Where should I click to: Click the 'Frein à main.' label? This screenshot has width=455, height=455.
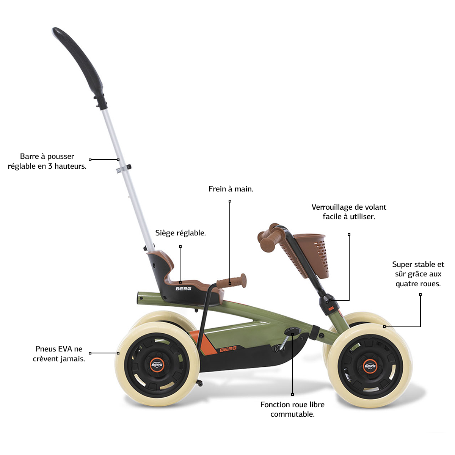click(231, 189)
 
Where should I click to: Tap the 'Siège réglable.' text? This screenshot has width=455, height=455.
click(180, 233)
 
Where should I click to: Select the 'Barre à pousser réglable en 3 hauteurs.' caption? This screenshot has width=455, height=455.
click(47, 161)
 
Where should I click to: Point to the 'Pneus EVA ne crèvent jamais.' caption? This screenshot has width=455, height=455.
click(59, 354)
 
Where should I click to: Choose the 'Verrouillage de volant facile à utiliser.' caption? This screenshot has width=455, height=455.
click(349, 212)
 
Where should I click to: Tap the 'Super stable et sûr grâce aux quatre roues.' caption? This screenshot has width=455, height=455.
click(418, 274)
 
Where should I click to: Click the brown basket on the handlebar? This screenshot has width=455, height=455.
click(311, 255)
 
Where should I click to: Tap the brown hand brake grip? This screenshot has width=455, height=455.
click(232, 281)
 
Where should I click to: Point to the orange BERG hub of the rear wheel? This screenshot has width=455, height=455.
click(157, 364)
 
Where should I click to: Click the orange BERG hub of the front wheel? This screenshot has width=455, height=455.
click(370, 366)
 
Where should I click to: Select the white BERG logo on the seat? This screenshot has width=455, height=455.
click(183, 289)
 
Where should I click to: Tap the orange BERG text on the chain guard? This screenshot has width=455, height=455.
click(228, 349)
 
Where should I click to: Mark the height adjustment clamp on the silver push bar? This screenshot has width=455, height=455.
click(124, 169)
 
